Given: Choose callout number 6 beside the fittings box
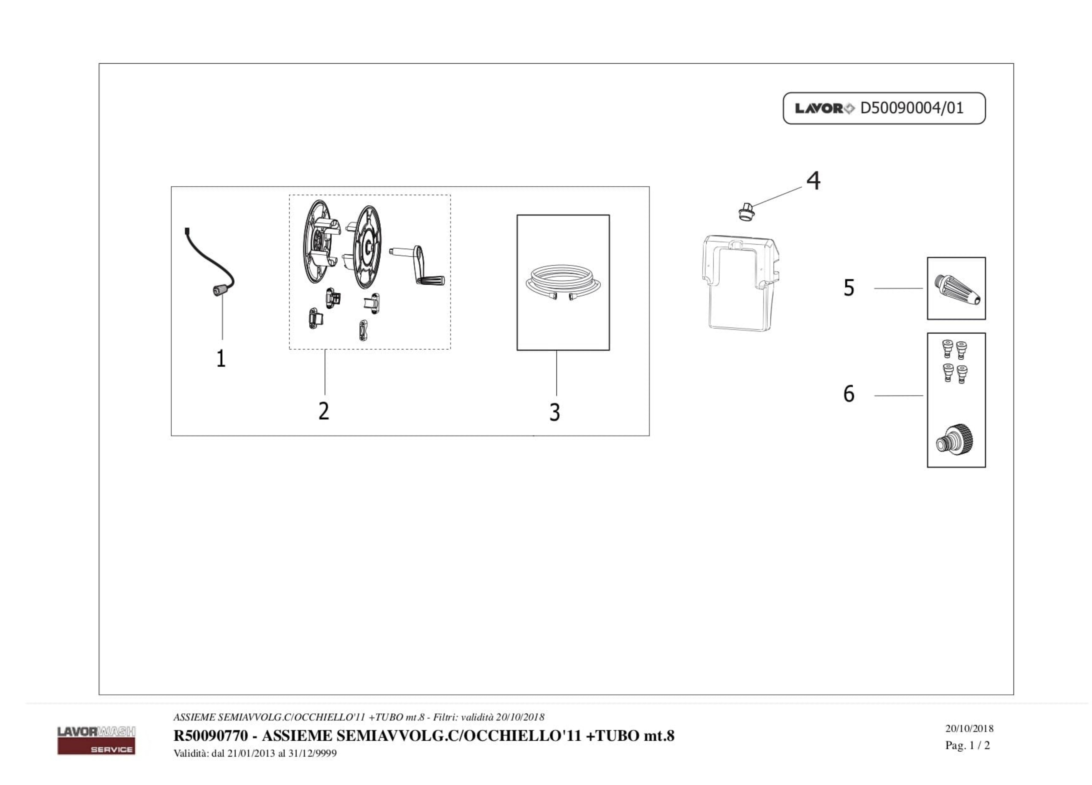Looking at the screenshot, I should (x=849, y=394).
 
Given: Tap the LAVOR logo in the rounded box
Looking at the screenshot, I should (x=824, y=108).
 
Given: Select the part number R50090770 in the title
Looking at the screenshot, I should (x=210, y=736).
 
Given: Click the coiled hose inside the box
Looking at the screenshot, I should (x=562, y=283).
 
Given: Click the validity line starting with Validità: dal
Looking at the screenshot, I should (x=255, y=753).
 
